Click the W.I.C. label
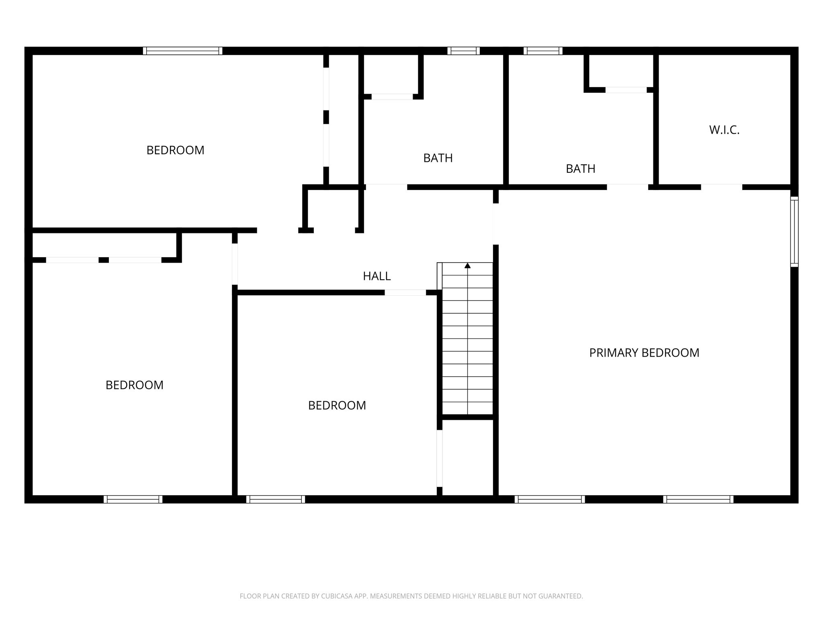724,130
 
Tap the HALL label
377,276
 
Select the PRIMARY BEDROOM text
644,353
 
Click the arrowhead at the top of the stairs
467,266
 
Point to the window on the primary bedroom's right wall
794,232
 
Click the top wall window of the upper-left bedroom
182,51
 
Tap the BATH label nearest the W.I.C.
581,169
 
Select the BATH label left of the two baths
438,158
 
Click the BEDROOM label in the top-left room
175,150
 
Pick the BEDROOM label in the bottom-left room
134,385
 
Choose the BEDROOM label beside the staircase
337,406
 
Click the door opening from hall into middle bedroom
405,292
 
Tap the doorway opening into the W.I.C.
721,187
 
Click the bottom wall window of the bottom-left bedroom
133,499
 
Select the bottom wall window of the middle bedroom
276,499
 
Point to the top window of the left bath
464,51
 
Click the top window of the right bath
543,51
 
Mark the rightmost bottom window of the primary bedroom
698,499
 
